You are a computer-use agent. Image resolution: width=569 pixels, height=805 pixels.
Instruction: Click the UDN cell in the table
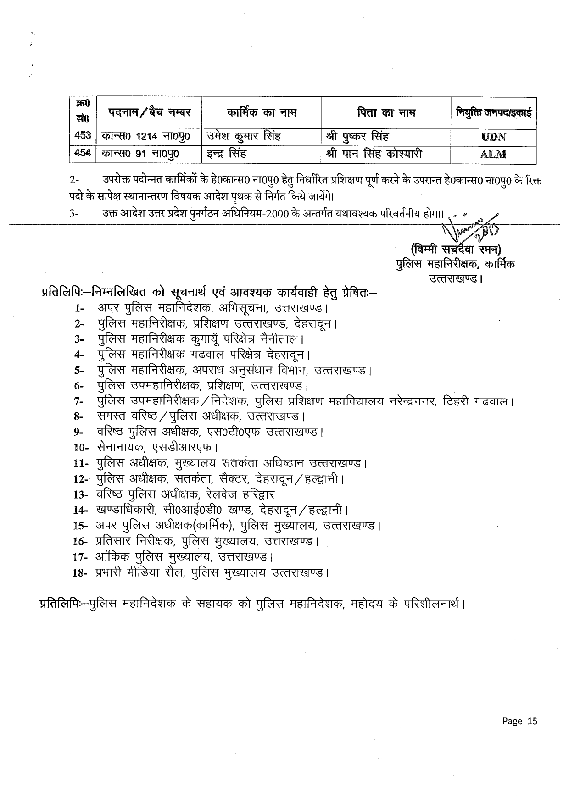[x=493, y=137]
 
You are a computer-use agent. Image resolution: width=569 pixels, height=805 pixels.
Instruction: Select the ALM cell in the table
[x=493, y=154]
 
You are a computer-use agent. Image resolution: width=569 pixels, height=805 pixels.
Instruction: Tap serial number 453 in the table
[x=83, y=136]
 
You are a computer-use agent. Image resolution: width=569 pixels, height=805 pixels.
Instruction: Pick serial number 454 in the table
[x=83, y=153]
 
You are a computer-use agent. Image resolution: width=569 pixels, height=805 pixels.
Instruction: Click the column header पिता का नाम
[x=385, y=112]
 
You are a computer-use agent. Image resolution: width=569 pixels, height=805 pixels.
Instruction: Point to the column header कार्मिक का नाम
[x=262, y=112]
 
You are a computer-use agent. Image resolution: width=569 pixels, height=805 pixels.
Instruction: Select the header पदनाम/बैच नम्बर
[x=149, y=112]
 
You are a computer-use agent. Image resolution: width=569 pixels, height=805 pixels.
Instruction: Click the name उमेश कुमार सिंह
[x=244, y=136]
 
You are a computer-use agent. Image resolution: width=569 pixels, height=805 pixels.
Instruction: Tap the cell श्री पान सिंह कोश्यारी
[x=374, y=154]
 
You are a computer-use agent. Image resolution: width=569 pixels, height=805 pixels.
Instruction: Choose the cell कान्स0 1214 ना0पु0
[x=145, y=136]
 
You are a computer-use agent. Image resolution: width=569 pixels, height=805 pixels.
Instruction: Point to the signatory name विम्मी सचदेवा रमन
[x=457, y=250]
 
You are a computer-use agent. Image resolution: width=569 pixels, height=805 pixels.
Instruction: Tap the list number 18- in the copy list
[x=80, y=573]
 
